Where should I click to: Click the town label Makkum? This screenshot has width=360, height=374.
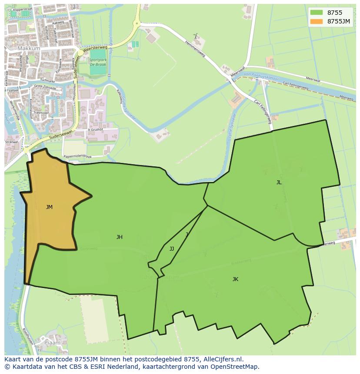click(29, 49)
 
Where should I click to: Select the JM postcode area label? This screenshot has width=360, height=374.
click(49, 207)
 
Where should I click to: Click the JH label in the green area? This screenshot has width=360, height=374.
click(119, 237)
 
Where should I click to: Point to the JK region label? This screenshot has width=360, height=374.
click(235, 279)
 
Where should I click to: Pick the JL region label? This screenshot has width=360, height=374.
click(279, 182)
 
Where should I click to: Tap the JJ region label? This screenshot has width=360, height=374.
click(172, 249)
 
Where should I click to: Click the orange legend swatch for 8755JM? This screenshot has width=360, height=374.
click(317, 21)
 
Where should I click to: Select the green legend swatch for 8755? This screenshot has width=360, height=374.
click(317, 13)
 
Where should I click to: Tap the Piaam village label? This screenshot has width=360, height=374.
click(53, 343)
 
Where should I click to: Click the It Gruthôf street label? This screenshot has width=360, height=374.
click(95, 129)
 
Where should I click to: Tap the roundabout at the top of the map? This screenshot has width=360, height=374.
click(137, 24)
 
